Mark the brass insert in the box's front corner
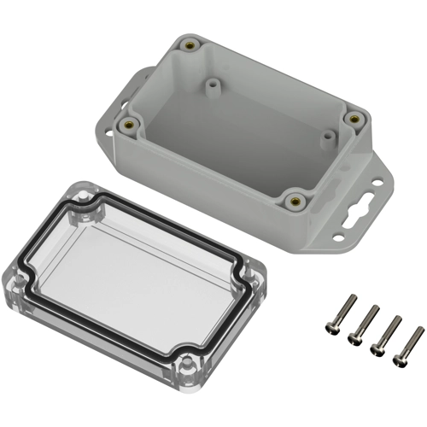[295, 201]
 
